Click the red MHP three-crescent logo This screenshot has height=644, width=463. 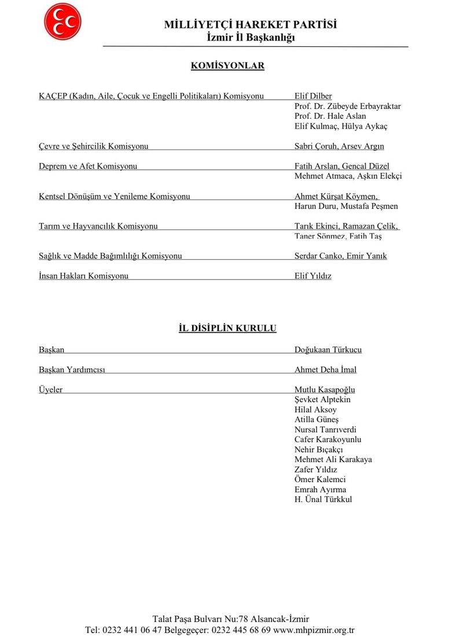63,21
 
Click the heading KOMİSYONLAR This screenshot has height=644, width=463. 227,66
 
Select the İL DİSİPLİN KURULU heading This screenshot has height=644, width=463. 227,329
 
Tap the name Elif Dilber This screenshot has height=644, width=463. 313,96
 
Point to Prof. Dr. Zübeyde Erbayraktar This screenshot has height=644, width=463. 347,106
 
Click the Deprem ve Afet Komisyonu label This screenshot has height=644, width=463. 88,166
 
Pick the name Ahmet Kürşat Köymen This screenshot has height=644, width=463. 336,197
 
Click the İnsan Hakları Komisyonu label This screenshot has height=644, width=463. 83,276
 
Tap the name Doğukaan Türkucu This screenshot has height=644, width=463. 328,350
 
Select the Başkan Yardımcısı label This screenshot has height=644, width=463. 72,370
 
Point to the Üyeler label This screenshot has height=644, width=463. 50,390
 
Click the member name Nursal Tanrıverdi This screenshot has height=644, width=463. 325,430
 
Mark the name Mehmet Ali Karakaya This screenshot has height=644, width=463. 333,460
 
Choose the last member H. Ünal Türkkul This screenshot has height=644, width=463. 323,500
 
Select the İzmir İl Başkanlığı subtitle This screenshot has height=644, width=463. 251,38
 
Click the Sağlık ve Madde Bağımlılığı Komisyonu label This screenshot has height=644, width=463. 110,256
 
